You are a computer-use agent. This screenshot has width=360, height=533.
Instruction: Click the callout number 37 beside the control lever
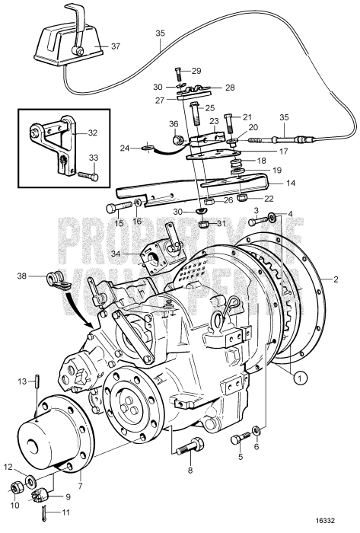[116, 46]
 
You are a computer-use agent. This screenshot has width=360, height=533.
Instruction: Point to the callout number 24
[125, 147]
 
